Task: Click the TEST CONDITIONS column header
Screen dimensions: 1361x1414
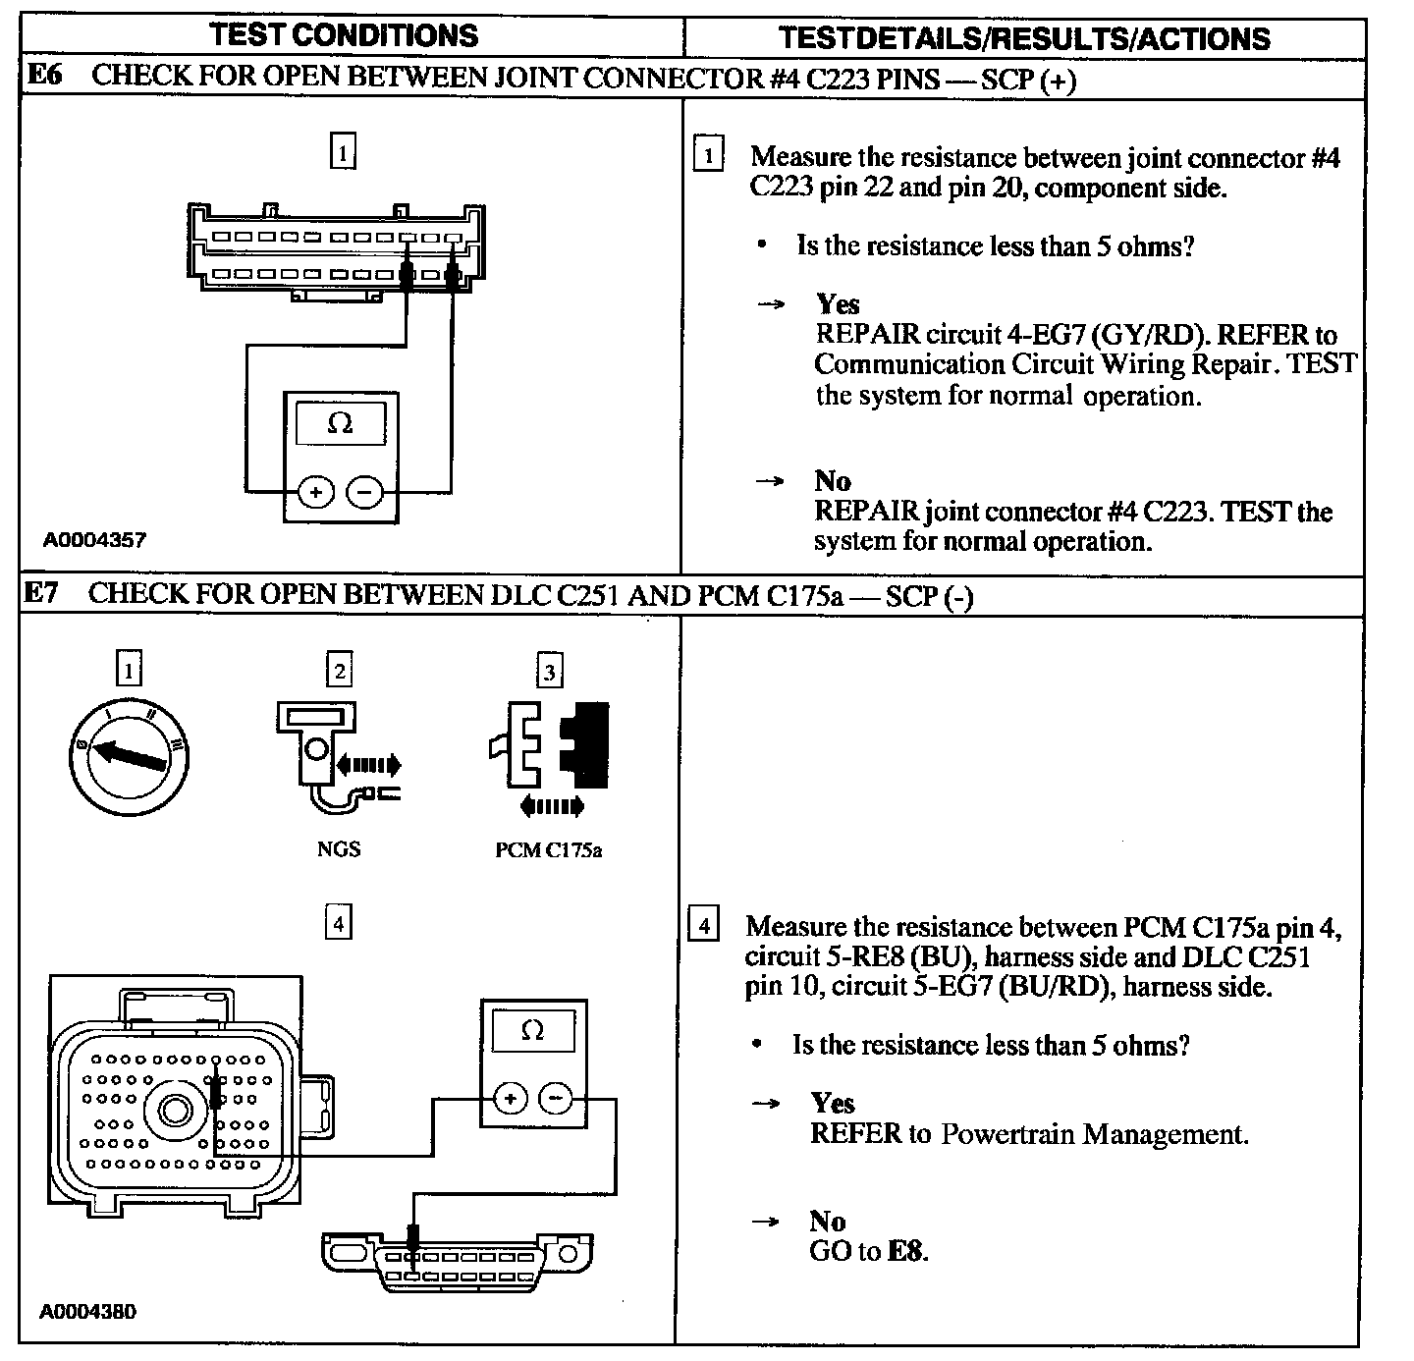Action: coord(345,35)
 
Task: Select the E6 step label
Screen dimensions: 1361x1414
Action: coord(43,76)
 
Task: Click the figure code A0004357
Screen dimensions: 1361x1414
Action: coord(94,539)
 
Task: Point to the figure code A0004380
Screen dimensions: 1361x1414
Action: coord(88,1311)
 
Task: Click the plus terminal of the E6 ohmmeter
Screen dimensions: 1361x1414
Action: coord(316,491)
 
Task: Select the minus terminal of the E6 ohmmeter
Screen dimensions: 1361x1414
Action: coord(365,491)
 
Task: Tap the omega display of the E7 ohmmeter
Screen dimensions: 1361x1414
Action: coord(533,1031)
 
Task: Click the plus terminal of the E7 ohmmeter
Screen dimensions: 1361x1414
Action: coord(510,1098)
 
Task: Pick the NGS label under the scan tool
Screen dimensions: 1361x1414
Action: coord(339,849)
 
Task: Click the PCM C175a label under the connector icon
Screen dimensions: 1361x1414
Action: coord(548,850)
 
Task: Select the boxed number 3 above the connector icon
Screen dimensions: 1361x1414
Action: coord(549,673)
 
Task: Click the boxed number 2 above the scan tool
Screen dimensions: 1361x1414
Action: coord(339,672)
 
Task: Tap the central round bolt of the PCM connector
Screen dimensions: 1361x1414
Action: coord(175,1111)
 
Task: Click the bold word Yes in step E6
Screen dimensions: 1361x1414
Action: coord(837,304)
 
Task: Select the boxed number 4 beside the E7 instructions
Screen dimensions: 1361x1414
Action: coord(705,926)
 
